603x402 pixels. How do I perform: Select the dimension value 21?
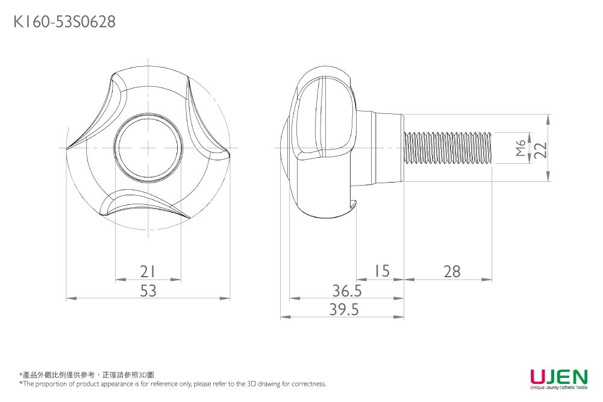(148, 272)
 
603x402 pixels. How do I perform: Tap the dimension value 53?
(148, 291)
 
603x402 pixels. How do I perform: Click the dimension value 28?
(451, 272)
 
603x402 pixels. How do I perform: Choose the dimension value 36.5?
(347, 291)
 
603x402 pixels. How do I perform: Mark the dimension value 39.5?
(344, 310)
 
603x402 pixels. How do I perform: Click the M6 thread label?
(521, 148)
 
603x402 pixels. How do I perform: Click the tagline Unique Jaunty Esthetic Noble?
(558, 387)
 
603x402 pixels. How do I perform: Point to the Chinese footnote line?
(87, 375)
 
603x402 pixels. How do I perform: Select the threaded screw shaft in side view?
(449, 148)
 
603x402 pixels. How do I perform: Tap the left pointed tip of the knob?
(68, 146)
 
